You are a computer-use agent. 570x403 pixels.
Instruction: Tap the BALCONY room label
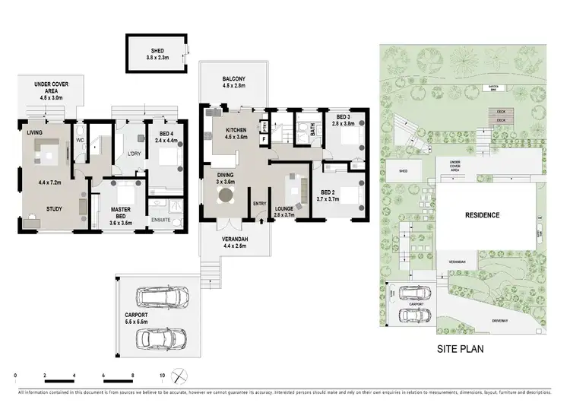(233, 80)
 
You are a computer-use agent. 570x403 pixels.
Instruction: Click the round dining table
(226, 196)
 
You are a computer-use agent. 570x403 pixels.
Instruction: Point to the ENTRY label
(260, 203)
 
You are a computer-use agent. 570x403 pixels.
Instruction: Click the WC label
(79, 140)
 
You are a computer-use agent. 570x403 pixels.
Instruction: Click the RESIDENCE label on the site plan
(483, 215)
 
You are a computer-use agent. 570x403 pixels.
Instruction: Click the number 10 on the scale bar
(162, 376)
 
